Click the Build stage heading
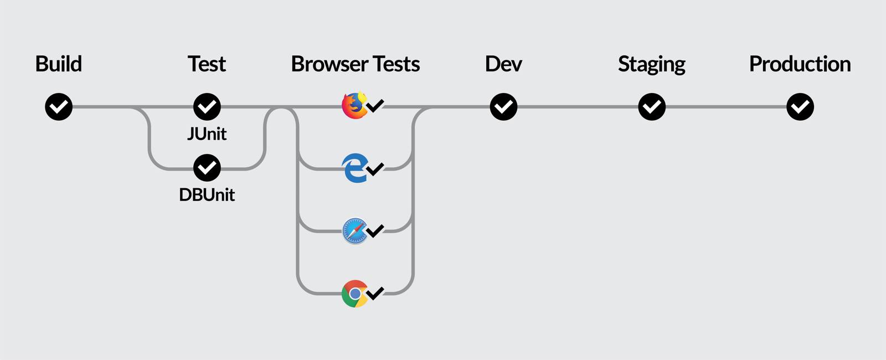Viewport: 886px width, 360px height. (x=58, y=64)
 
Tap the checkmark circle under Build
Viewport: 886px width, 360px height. (x=59, y=107)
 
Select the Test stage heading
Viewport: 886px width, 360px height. (x=207, y=64)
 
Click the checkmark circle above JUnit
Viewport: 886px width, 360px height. (x=207, y=107)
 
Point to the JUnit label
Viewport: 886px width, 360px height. (x=207, y=135)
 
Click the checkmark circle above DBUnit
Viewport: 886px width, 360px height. (x=207, y=168)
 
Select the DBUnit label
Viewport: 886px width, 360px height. (x=207, y=195)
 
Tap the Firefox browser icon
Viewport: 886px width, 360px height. (x=354, y=106)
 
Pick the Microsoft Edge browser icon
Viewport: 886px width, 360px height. (x=354, y=168)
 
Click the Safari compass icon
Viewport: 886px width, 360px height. (x=354, y=231)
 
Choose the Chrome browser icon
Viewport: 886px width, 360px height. (x=354, y=294)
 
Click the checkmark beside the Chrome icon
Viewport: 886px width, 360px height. (x=375, y=292)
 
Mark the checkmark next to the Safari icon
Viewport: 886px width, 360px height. (x=375, y=230)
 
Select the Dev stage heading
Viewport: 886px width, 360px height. (x=503, y=64)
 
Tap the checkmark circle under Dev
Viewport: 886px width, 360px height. (x=503, y=107)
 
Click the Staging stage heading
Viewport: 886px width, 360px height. (x=651, y=64)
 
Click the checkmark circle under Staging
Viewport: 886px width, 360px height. (x=652, y=107)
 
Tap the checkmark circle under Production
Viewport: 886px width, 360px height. (x=800, y=107)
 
